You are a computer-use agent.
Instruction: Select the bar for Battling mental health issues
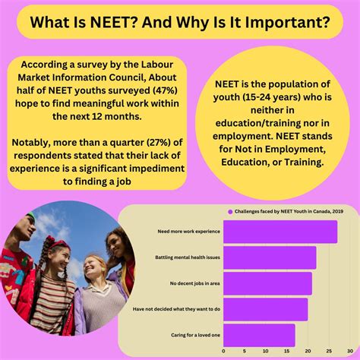point(269,257)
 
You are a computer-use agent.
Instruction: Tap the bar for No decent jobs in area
point(267,283)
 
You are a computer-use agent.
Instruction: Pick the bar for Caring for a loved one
point(259,335)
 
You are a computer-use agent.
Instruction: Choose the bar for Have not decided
point(265,309)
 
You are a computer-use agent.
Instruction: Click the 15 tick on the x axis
point(286,352)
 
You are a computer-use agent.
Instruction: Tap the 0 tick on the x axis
point(223,352)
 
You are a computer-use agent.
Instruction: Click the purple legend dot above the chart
point(229,212)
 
